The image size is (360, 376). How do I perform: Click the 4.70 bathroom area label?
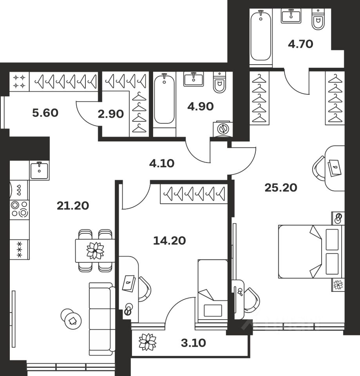pos(300,44)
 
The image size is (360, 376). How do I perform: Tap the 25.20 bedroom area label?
pos(280,188)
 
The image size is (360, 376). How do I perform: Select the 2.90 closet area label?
pos(111,114)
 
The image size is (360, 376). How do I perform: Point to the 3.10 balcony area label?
pos(194,343)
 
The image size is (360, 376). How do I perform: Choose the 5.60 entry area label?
pos(45,113)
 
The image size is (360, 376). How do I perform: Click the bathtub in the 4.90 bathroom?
pos(164,100)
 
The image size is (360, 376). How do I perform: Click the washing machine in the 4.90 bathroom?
pos(223,128)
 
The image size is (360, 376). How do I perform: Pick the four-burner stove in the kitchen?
pos(20,209)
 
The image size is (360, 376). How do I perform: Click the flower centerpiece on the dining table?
pos(95,251)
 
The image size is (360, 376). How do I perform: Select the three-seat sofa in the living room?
pos(102,319)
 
